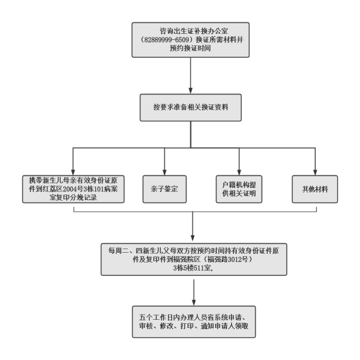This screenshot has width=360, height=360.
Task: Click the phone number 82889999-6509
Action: [x=166, y=40]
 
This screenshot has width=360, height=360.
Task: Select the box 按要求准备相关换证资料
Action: [x=191, y=107]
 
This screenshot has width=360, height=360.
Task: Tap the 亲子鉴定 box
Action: [x=165, y=189]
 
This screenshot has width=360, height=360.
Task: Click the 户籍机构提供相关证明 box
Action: [x=239, y=189]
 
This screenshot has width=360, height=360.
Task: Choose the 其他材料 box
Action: [x=315, y=189]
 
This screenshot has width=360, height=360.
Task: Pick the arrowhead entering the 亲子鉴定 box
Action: [x=165, y=173]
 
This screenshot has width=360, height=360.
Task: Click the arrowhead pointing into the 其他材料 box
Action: [x=315, y=173]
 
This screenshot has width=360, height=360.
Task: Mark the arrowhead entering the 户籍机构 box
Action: [x=239, y=173]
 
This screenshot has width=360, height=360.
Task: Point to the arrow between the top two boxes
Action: [x=191, y=75]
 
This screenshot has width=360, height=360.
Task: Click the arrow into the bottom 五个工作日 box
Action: [x=194, y=292]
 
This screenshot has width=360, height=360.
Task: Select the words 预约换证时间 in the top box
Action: [x=190, y=48]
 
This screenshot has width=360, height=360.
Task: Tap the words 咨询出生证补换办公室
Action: [x=194, y=31]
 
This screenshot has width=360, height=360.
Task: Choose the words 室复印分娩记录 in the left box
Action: [x=73, y=197]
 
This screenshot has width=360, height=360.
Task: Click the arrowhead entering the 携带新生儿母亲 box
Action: [x=73, y=173]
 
